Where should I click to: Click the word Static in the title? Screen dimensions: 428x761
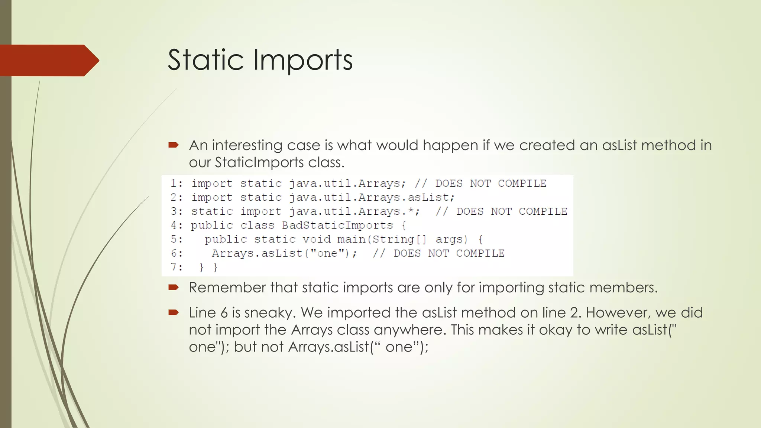205,60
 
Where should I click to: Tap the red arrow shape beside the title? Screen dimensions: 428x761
48,60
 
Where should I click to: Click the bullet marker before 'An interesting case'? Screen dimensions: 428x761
174,145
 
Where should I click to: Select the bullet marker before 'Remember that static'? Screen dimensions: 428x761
174,287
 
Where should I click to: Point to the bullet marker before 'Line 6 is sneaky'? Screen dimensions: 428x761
174,312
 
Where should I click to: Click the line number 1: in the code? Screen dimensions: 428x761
177,184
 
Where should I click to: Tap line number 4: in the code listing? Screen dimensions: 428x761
177,226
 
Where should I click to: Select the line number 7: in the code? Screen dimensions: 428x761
177,267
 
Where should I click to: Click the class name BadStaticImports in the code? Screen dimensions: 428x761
337,226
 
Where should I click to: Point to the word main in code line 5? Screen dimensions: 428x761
352,239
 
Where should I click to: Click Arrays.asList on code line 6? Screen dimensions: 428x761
257,253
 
